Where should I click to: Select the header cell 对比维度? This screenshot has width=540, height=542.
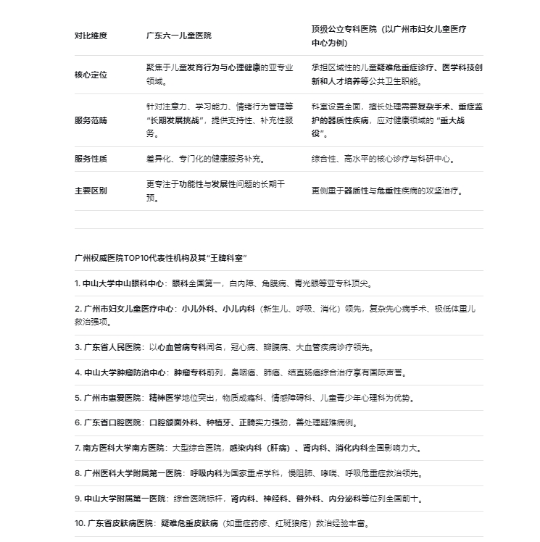coord(91,35)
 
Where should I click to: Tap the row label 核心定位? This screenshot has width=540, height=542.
coord(91,75)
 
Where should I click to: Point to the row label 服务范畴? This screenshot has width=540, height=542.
coord(91,120)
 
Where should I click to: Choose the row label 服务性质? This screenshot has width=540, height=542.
coord(91,159)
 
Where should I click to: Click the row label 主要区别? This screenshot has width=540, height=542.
coord(91,191)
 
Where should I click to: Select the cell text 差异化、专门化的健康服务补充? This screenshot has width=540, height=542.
coord(206,159)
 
